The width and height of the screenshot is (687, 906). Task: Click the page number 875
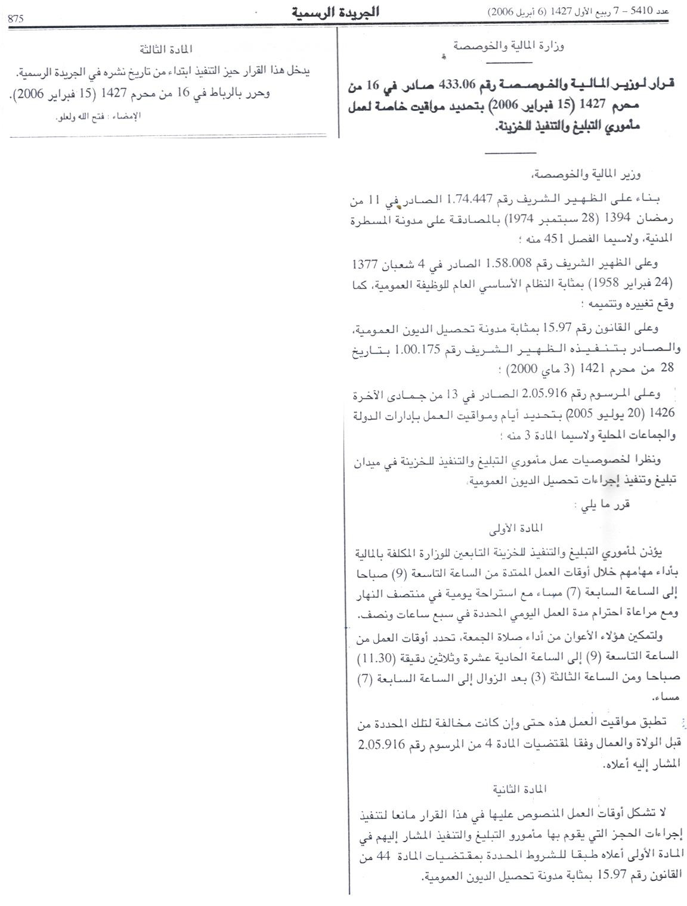coord(16,18)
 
